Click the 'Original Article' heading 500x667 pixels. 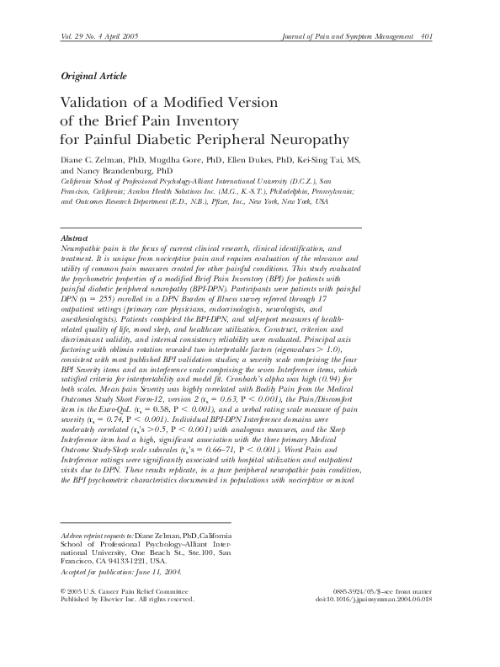[x=94, y=77]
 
